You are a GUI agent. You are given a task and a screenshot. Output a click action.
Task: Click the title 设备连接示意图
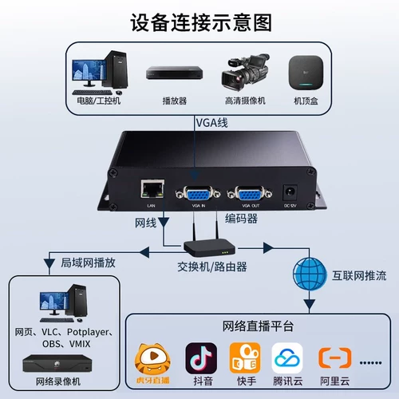click(x=199, y=22)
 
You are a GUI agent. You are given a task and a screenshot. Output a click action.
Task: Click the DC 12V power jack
click(x=293, y=193)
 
